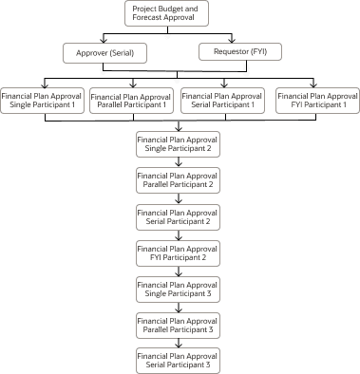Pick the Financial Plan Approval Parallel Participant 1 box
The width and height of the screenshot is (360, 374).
132,100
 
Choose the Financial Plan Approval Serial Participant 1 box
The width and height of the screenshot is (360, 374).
222,100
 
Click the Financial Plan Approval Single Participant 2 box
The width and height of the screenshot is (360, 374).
179,144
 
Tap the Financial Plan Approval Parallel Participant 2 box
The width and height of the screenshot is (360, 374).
179,180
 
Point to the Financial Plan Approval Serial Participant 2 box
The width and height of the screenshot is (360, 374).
179,216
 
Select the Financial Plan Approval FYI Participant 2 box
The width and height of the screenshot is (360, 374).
179,252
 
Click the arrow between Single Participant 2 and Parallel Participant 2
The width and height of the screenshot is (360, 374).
179,162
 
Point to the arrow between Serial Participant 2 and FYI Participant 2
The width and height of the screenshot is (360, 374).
179,234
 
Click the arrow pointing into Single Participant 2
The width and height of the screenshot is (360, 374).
179,124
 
